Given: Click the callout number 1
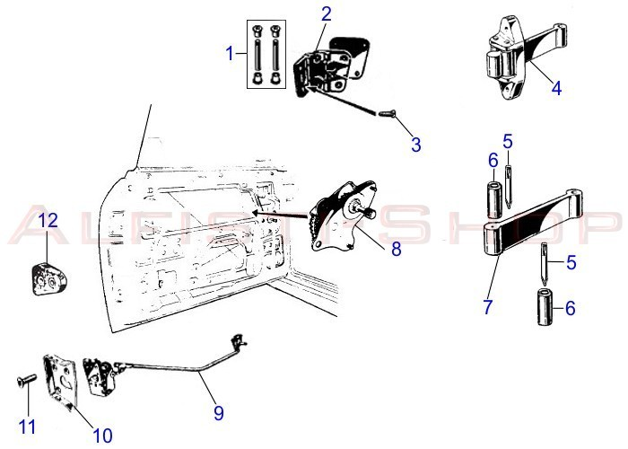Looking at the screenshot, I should (x=231, y=54).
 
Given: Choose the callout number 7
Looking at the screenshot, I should (x=488, y=306).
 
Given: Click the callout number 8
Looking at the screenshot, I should (x=396, y=249).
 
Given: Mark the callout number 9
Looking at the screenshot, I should (x=218, y=414).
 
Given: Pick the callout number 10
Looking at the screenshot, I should (x=102, y=436).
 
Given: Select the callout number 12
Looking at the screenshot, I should (x=48, y=219).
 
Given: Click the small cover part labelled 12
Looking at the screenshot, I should (x=47, y=277).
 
